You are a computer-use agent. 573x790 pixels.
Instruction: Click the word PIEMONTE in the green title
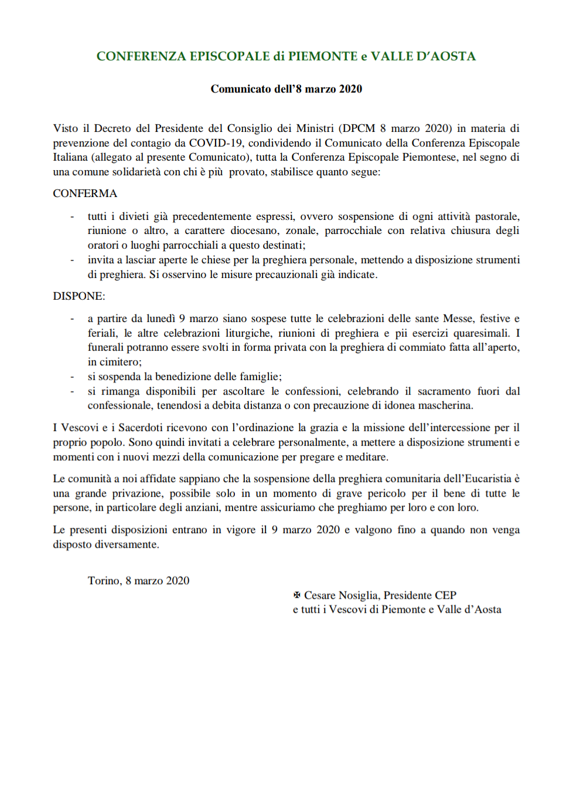click(323, 56)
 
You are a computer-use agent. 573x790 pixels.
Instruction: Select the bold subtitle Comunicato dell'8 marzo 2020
click(286, 89)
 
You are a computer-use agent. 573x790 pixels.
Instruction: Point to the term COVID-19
click(216, 143)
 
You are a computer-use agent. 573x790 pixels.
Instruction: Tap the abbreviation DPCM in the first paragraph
click(359, 128)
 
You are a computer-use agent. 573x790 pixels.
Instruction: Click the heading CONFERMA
click(85, 194)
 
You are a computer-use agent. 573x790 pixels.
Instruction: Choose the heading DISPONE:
click(79, 296)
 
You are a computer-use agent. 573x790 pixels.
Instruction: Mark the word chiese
click(216, 260)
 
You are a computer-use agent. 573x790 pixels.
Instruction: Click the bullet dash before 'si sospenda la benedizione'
click(72, 377)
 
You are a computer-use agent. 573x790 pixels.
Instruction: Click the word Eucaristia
click(488, 479)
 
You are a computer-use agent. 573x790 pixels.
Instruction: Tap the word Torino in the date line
click(104, 581)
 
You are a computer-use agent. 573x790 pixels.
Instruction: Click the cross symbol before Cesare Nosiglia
click(297, 595)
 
